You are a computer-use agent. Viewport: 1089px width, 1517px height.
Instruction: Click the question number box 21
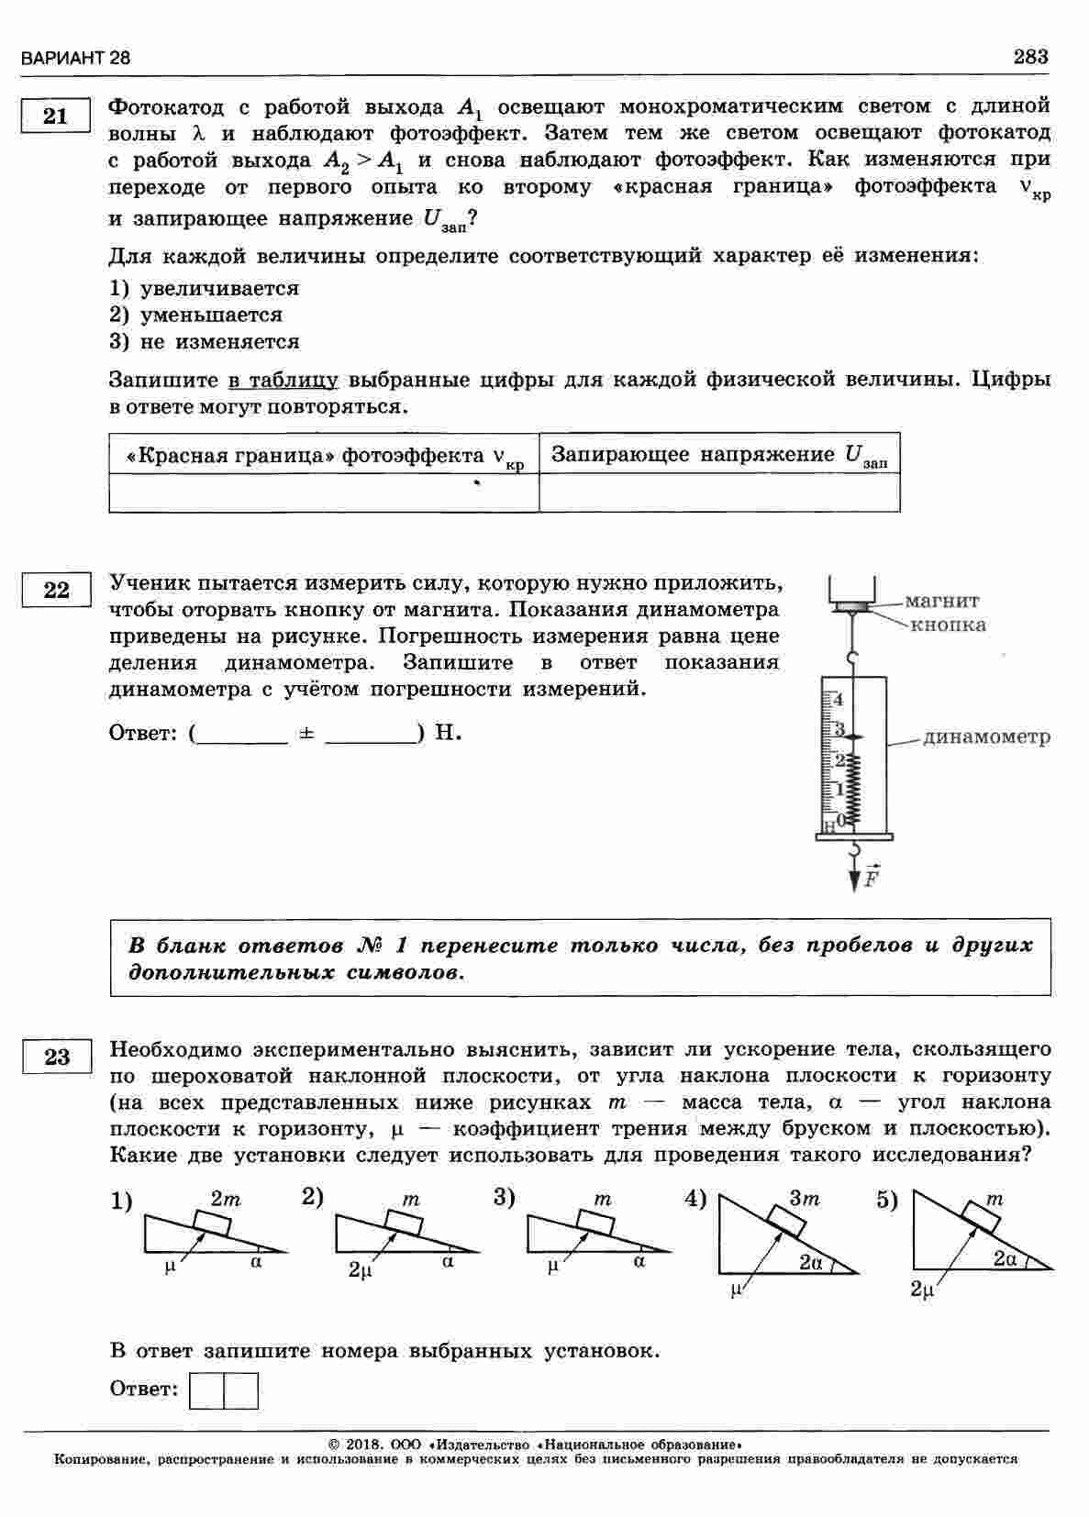tap(55, 116)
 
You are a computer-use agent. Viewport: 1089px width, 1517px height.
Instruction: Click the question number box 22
tap(56, 590)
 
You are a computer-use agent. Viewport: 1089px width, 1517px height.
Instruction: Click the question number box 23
tap(56, 1057)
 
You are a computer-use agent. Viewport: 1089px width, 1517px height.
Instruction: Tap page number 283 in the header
tap(1030, 57)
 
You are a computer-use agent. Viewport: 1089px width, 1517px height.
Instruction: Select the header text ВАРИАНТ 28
tap(75, 58)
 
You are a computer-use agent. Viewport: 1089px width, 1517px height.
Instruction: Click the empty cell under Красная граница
tap(323, 493)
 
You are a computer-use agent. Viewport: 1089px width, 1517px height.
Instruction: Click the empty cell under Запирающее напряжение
tap(719, 493)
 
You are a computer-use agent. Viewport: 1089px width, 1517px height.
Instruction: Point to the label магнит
tap(942, 602)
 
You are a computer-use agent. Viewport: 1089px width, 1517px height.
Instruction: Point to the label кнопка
tap(949, 626)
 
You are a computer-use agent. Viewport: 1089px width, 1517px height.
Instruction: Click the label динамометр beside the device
tap(987, 737)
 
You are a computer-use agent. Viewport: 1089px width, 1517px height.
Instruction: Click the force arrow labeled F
tap(856, 876)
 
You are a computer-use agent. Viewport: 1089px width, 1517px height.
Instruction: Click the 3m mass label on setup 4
tap(805, 1199)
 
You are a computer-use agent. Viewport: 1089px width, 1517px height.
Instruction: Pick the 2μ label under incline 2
tap(360, 1270)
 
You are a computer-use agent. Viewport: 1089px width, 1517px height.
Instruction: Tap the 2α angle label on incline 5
tap(1005, 1259)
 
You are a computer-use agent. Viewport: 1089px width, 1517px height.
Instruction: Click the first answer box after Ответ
tap(206, 1390)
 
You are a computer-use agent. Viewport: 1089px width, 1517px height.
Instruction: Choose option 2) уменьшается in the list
tap(196, 316)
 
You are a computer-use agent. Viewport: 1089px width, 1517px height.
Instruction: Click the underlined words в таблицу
tap(283, 380)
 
